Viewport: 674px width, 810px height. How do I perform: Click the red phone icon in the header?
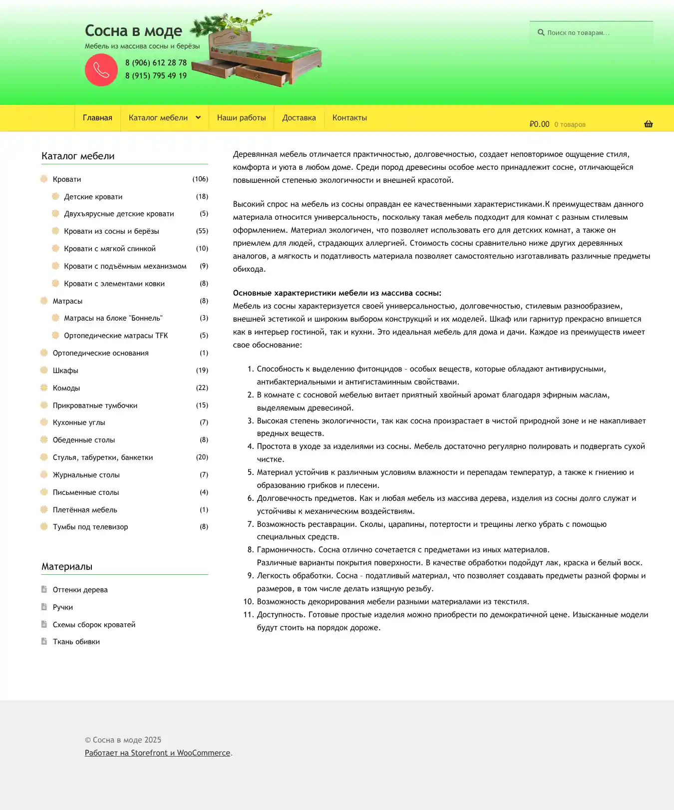coord(101,70)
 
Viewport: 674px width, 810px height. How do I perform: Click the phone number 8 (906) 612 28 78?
coord(156,63)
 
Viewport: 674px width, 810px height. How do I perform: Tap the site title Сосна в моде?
coord(133,31)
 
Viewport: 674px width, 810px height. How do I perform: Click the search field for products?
coord(594,33)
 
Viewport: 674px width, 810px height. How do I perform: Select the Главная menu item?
coord(97,118)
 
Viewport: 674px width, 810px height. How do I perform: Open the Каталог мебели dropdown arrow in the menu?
coord(198,118)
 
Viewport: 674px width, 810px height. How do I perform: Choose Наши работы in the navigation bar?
coord(241,118)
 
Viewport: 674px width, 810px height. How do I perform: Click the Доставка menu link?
coord(299,118)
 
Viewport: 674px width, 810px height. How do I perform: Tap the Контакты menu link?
coord(349,118)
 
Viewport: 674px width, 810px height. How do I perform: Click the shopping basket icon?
coord(648,124)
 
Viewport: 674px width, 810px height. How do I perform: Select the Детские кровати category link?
coord(93,197)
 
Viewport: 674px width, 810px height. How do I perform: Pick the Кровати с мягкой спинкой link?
coord(110,249)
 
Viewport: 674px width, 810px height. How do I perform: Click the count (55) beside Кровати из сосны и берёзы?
coord(202,231)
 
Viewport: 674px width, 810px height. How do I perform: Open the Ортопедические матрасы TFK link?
coord(116,336)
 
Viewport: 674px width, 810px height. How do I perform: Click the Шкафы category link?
coord(65,371)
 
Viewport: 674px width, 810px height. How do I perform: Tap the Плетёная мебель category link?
coord(85,510)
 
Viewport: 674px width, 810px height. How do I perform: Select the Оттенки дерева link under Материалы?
coord(80,590)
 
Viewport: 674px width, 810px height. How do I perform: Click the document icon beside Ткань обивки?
coord(44,642)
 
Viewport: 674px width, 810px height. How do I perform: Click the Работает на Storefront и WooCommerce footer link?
coord(157,753)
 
